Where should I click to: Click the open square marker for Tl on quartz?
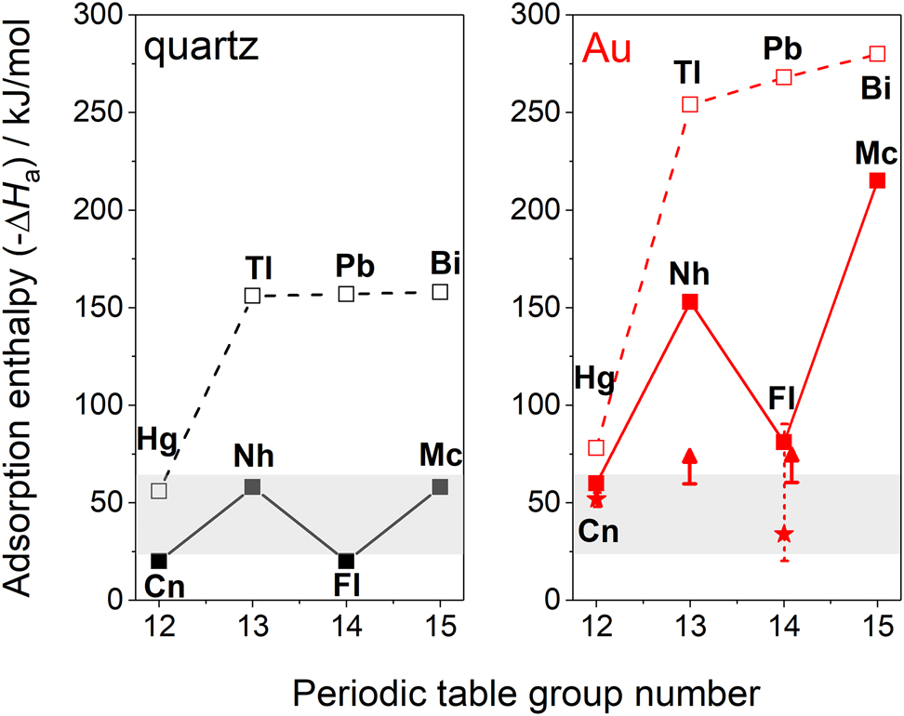(x=252, y=296)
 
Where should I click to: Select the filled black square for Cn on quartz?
(x=159, y=561)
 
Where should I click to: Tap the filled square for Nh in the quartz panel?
(x=252, y=486)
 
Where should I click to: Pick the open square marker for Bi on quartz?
(x=440, y=292)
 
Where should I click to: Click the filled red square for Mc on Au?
(x=877, y=180)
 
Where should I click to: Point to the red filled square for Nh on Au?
(x=690, y=302)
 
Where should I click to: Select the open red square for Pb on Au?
(x=784, y=77)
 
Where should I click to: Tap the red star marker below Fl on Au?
(x=784, y=534)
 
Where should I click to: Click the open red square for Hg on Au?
(x=596, y=448)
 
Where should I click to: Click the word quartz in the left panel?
(x=200, y=49)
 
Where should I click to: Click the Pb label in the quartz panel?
(x=355, y=267)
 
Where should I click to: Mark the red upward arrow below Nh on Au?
(x=690, y=466)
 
